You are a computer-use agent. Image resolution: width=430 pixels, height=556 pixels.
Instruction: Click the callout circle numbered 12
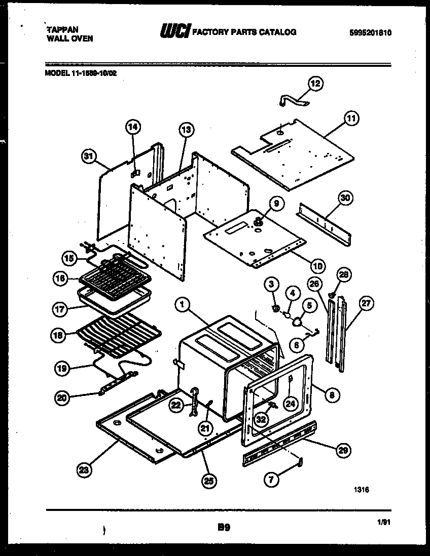pyautogui.click(x=315, y=84)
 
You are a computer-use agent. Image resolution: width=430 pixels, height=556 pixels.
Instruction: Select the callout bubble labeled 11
pyautogui.click(x=350, y=118)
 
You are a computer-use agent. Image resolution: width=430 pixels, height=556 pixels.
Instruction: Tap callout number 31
pyautogui.click(x=89, y=157)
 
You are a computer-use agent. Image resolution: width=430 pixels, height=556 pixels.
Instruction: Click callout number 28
pyautogui.click(x=344, y=275)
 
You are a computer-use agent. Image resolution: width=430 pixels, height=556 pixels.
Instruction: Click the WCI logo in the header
pyautogui.click(x=175, y=32)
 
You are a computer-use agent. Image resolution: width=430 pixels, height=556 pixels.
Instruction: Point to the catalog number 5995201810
pyautogui.click(x=371, y=32)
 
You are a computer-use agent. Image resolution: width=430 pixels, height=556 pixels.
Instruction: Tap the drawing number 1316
pyautogui.click(x=362, y=490)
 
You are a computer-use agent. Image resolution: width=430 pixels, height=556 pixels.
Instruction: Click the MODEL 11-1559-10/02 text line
pyautogui.click(x=81, y=72)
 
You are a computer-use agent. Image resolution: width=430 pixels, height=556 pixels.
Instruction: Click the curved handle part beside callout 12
pyautogui.click(x=295, y=100)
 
